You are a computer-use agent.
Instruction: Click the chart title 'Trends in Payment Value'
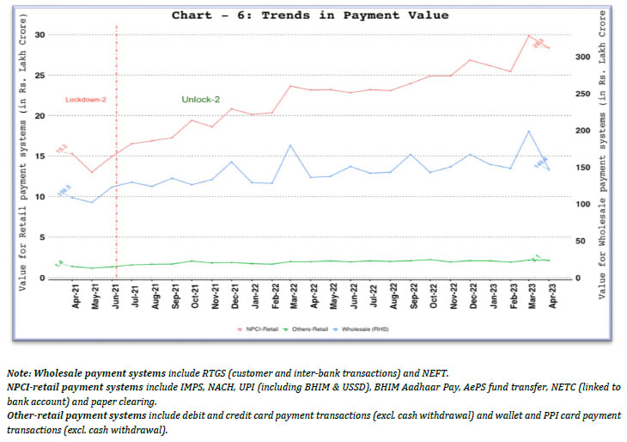coord(310,15)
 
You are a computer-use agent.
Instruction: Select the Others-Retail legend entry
coord(317,329)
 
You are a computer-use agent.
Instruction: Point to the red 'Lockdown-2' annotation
coord(86,100)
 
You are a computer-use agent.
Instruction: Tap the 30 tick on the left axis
coord(40,34)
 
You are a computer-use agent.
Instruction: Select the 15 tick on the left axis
coord(40,157)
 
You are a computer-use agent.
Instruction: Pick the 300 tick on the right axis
coord(583,57)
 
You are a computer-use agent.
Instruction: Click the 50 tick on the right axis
coord(583,242)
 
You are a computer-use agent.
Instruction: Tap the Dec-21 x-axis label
coord(232,297)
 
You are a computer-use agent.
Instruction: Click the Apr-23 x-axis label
coord(549,297)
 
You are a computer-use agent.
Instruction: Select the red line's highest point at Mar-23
coord(529,35)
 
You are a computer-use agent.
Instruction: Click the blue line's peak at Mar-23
coord(529,131)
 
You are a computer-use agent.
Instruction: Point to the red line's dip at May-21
coord(92,172)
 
